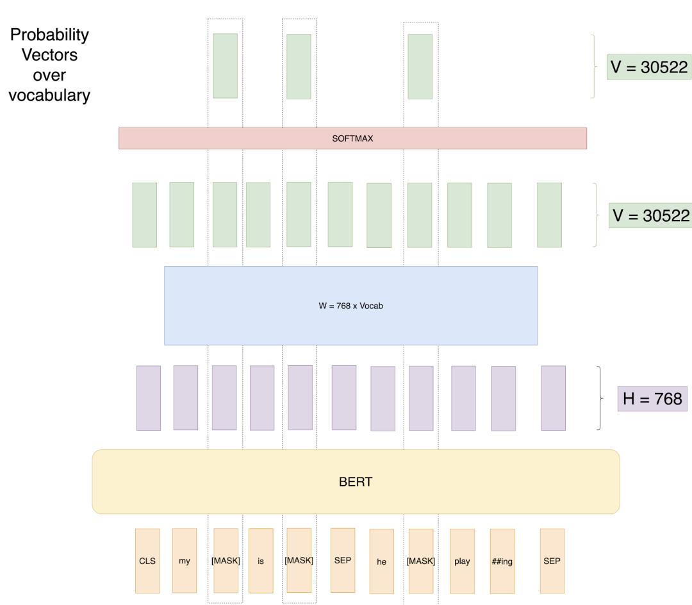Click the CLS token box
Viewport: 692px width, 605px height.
[x=147, y=561]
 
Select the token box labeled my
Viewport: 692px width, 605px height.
[x=185, y=561]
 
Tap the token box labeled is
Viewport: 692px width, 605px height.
[x=261, y=561]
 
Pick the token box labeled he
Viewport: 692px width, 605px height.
[x=382, y=561]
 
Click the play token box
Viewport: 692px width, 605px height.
[x=462, y=561]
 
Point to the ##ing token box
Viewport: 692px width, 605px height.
[x=502, y=561]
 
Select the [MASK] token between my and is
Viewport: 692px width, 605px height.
[x=226, y=561]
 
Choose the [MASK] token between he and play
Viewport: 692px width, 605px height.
[x=421, y=561]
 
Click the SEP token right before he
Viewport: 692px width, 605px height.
[x=343, y=560]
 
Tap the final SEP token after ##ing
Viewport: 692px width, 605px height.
[x=552, y=561]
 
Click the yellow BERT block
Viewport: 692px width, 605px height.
[x=356, y=482]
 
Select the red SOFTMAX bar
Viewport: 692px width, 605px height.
[x=352, y=138]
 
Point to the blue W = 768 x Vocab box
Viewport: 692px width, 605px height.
[x=350, y=306]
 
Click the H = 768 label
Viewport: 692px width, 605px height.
[x=652, y=399]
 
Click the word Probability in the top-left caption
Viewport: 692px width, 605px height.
[x=49, y=35]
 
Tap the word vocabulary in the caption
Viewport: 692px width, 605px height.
[x=49, y=95]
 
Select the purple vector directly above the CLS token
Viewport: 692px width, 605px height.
[x=149, y=398]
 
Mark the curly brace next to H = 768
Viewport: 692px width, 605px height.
[x=600, y=398]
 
